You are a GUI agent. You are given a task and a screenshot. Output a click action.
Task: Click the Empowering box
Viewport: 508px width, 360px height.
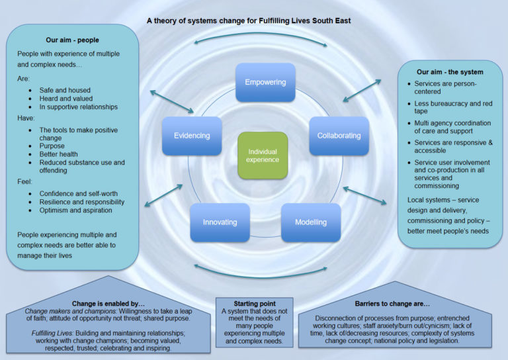(265, 83)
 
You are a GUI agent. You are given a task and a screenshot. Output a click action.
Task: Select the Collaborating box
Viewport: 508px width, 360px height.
(339, 136)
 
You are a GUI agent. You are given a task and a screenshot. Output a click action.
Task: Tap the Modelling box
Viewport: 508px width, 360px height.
(310, 222)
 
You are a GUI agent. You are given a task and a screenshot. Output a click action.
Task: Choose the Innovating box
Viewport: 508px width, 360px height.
(220, 222)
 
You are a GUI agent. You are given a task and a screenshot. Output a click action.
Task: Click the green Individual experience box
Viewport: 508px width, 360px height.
(263, 156)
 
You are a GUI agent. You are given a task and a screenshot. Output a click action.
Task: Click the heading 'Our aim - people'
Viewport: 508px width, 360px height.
(72, 40)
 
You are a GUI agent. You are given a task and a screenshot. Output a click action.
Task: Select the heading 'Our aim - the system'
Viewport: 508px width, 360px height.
(450, 71)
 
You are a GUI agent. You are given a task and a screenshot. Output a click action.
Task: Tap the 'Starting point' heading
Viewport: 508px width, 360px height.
(255, 304)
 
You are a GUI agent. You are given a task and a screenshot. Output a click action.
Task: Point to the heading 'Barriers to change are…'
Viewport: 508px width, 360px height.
(396, 304)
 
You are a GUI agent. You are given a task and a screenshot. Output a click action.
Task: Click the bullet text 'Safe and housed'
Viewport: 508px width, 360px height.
(65, 90)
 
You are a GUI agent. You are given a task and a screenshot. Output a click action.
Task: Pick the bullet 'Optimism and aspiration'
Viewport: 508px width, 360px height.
(75, 210)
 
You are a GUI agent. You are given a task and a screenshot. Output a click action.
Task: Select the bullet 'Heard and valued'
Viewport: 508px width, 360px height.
(66, 99)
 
